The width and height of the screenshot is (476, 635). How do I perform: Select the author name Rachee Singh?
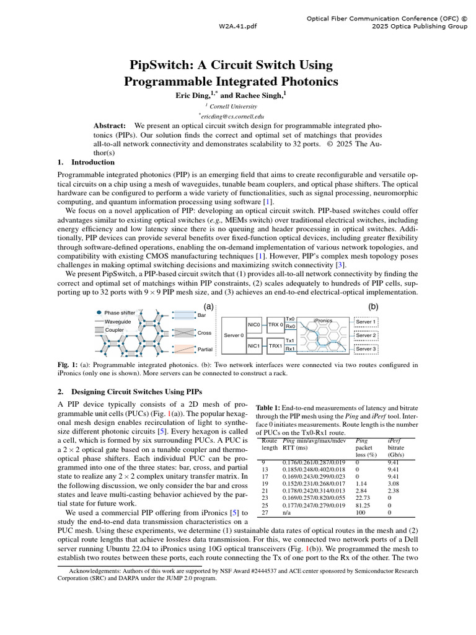(x=258, y=95)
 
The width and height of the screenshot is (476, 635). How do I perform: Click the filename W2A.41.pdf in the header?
(x=237, y=27)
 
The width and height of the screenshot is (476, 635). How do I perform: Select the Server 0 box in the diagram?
(x=233, y=335)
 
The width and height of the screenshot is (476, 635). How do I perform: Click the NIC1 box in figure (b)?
(x=253, y=345)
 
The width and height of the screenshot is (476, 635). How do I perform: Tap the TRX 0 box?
(x=275, y=324)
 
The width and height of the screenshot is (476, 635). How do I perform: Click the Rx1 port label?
(x=289, y=349)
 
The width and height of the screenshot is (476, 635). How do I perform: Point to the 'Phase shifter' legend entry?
(x=120, y=313)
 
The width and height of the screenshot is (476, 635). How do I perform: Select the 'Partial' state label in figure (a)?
(x=205, y=349)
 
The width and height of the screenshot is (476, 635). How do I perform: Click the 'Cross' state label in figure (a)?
(x=204, y=333)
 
